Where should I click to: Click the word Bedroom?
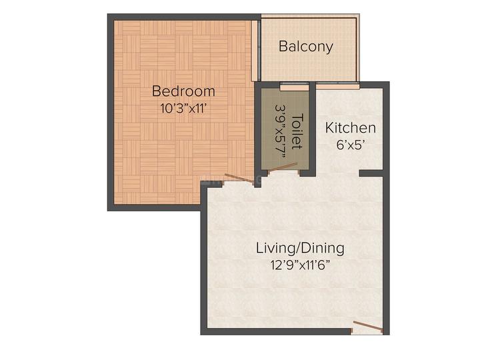[x=183, y=91]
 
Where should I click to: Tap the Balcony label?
[x=305, y=47]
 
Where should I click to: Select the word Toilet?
[x=298, y=131]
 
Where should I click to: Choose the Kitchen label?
[x=350, y=127]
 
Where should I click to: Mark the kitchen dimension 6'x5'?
[x=350, y=143]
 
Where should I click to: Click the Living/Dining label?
[x=300, y=248]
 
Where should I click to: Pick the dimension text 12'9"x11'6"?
[x=300, y=265]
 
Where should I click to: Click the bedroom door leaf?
[x=239, y=178]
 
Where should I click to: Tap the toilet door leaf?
[x=282, y=171]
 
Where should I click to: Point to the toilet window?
[x=294, y=86]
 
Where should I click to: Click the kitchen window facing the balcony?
[x=337, y=86]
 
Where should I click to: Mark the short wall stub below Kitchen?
[x=371, y=173]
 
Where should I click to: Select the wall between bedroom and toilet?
[x=257, y=130]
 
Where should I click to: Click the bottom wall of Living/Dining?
[x=280, y=331]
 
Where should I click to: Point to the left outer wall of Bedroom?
[x=111, y=113]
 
